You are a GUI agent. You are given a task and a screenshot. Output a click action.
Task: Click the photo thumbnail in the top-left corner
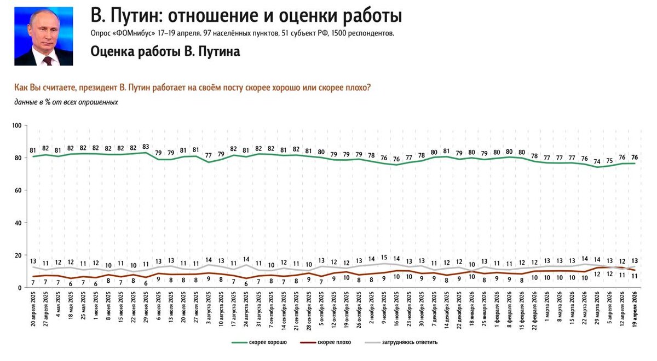pos(44,36)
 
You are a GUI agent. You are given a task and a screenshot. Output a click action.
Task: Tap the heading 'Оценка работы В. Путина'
pos(165,51)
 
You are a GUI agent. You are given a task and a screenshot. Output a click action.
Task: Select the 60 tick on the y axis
pos(17,190)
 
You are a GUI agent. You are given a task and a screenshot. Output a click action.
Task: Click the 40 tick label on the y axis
pos(17,223)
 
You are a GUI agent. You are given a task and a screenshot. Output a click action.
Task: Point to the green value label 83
pos(145,147)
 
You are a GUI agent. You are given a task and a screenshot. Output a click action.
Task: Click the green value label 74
pos(597,161)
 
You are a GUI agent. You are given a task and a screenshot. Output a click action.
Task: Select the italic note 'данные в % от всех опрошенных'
pos(66,102)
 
